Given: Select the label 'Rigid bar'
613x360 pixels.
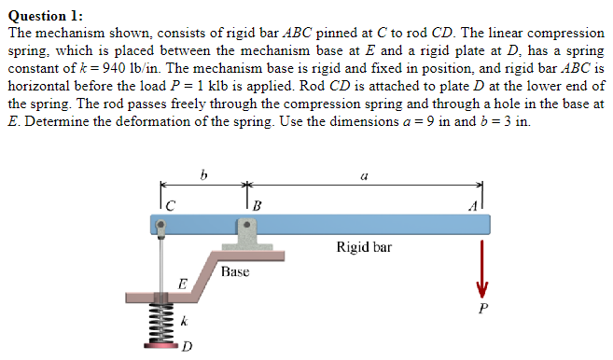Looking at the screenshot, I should coord(364,248).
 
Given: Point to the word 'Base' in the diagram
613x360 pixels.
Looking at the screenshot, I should coord(235,271).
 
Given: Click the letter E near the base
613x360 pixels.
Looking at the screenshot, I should coord(183,282).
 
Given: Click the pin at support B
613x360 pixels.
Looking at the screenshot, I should coord(246,225).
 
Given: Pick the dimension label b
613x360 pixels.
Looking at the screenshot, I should coord(203,173).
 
